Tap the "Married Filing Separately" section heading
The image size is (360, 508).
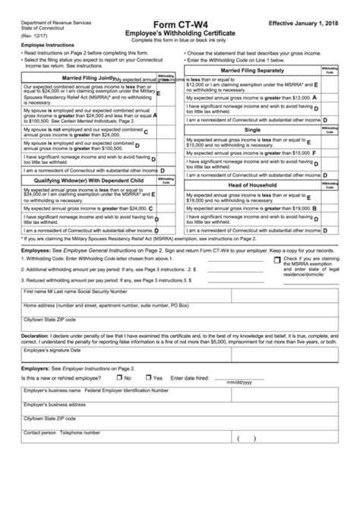[x=250, y=70]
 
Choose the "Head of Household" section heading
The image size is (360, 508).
[x=250, y=185]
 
